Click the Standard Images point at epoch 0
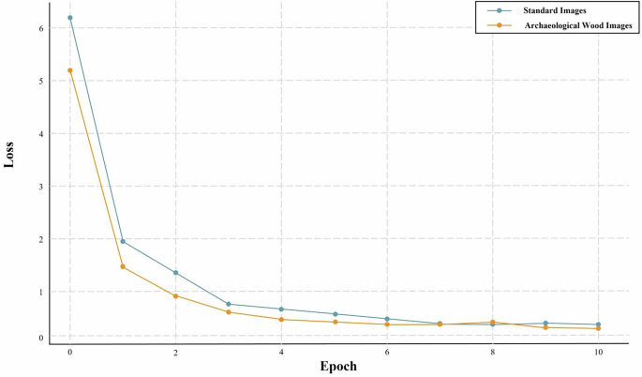[x=69, y=18]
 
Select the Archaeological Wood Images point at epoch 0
[x=69, y=70]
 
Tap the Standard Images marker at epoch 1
[x=123, y=241]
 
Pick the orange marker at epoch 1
[x=123, y=266]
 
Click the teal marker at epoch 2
[x=175, y=273]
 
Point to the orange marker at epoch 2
[x=175, y=295]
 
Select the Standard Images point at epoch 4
[x=281, y=309]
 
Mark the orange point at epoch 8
[x=493, y=322]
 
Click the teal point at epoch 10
[x=598, y=324]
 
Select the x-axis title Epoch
[x=338, y=366]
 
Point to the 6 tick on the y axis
[x=40, y=28]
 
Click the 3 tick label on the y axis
[x=40, y=187]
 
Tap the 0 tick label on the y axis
[x=40, y=336]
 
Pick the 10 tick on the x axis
[x=598, y=352]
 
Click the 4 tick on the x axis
[x=281, y=352]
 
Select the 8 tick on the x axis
[x=493, y=352]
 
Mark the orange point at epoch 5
[x=335, y=322]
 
